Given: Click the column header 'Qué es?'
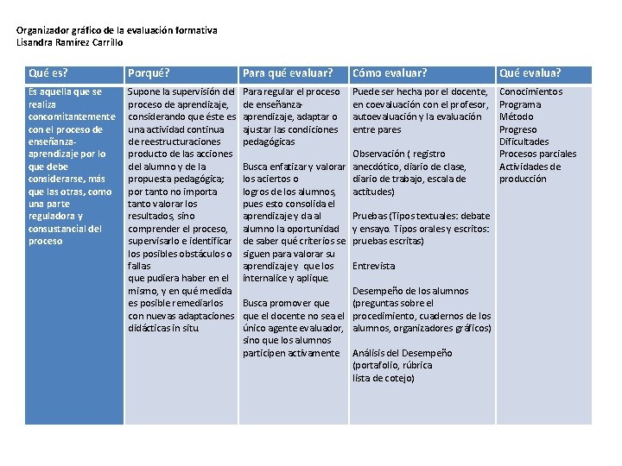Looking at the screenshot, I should coord(48,73).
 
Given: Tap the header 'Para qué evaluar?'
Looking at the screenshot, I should coord(288,73).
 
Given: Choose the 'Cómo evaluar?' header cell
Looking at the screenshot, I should coord(390,73).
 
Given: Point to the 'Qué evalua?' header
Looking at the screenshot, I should coord(530,73).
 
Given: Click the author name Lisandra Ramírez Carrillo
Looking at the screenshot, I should coord(70,41).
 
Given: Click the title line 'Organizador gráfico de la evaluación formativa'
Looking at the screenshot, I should coord(117,30).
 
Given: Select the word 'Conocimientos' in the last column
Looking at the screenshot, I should coord(530,91).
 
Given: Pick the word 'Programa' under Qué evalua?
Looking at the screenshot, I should coord(520,104).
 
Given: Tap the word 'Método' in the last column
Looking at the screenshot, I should coord(517,116).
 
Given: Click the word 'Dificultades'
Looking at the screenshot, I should coord(524,142).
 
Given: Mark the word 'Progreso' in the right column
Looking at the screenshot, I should coord(518,129).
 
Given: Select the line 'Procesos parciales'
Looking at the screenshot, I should coord(537,154).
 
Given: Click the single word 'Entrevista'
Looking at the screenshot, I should coord(374,267).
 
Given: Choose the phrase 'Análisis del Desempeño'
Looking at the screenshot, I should coord(402,353).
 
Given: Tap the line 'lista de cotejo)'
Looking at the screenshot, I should coord(384,378).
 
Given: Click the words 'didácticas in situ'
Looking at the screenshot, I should coord(164,329).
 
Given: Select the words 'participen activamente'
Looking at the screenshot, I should coord(291,353).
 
